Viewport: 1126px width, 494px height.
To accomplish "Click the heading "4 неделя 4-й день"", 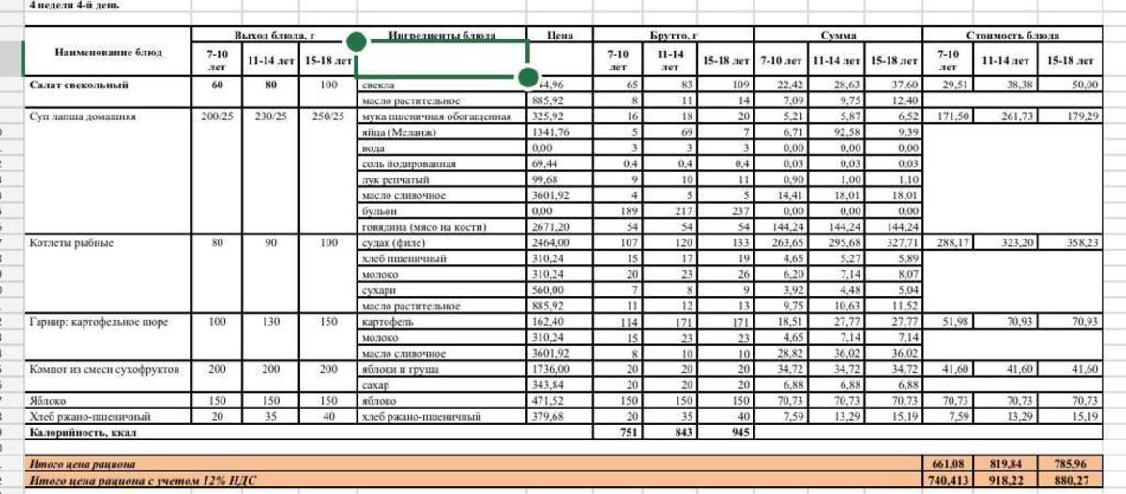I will (x=75, y=5).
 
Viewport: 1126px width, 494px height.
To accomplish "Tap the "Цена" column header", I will (x=560, y=36).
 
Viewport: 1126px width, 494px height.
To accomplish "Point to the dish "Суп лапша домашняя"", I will (x=84, y=117).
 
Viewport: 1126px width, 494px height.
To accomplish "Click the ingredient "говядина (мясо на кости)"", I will (x=422, y=227).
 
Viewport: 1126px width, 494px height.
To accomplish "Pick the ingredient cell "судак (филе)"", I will (x=393, y=243).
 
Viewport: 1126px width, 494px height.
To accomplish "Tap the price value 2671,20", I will (x=551, y=227).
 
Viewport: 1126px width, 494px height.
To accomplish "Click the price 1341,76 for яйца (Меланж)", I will (x=551, y=132).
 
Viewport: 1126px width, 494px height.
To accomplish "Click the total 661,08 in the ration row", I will (x=948, y=464).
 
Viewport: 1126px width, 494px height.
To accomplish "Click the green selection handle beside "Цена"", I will (x=527, y=76).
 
